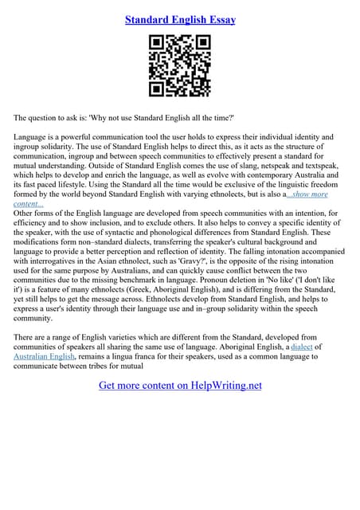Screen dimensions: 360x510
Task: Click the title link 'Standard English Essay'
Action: pos(180,18)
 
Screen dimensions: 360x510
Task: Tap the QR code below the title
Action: pos(180,66)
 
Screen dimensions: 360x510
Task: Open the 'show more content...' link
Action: pos(295,194)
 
